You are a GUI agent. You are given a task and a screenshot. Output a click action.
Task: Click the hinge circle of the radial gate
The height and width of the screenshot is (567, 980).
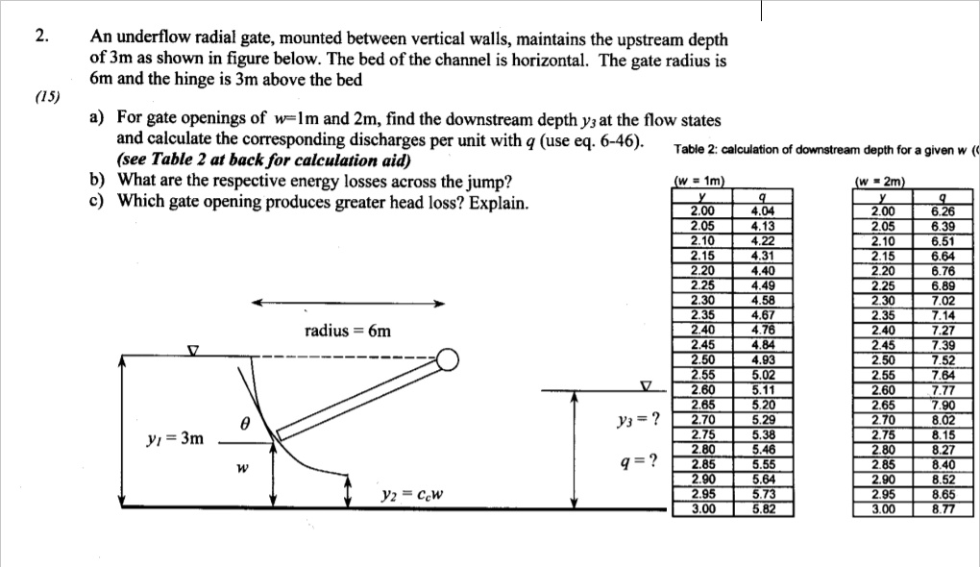tap(448, 360)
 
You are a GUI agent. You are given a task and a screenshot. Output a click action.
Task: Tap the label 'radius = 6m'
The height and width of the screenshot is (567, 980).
tap(348, 331)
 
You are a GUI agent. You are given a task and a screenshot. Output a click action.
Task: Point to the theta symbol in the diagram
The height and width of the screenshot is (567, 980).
tap(246, 422)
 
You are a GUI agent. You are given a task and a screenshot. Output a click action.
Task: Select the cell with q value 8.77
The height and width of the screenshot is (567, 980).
tap(941, 509)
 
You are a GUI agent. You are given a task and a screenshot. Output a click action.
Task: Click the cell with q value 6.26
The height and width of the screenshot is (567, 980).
tap(941, 211)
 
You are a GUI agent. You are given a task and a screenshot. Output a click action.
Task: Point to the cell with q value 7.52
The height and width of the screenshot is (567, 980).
tap(941, 360)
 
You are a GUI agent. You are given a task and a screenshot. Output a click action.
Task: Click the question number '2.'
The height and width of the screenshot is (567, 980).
tap(39, 37)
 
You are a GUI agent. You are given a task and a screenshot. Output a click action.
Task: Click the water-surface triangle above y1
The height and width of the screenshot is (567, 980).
tap(193, 350)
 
